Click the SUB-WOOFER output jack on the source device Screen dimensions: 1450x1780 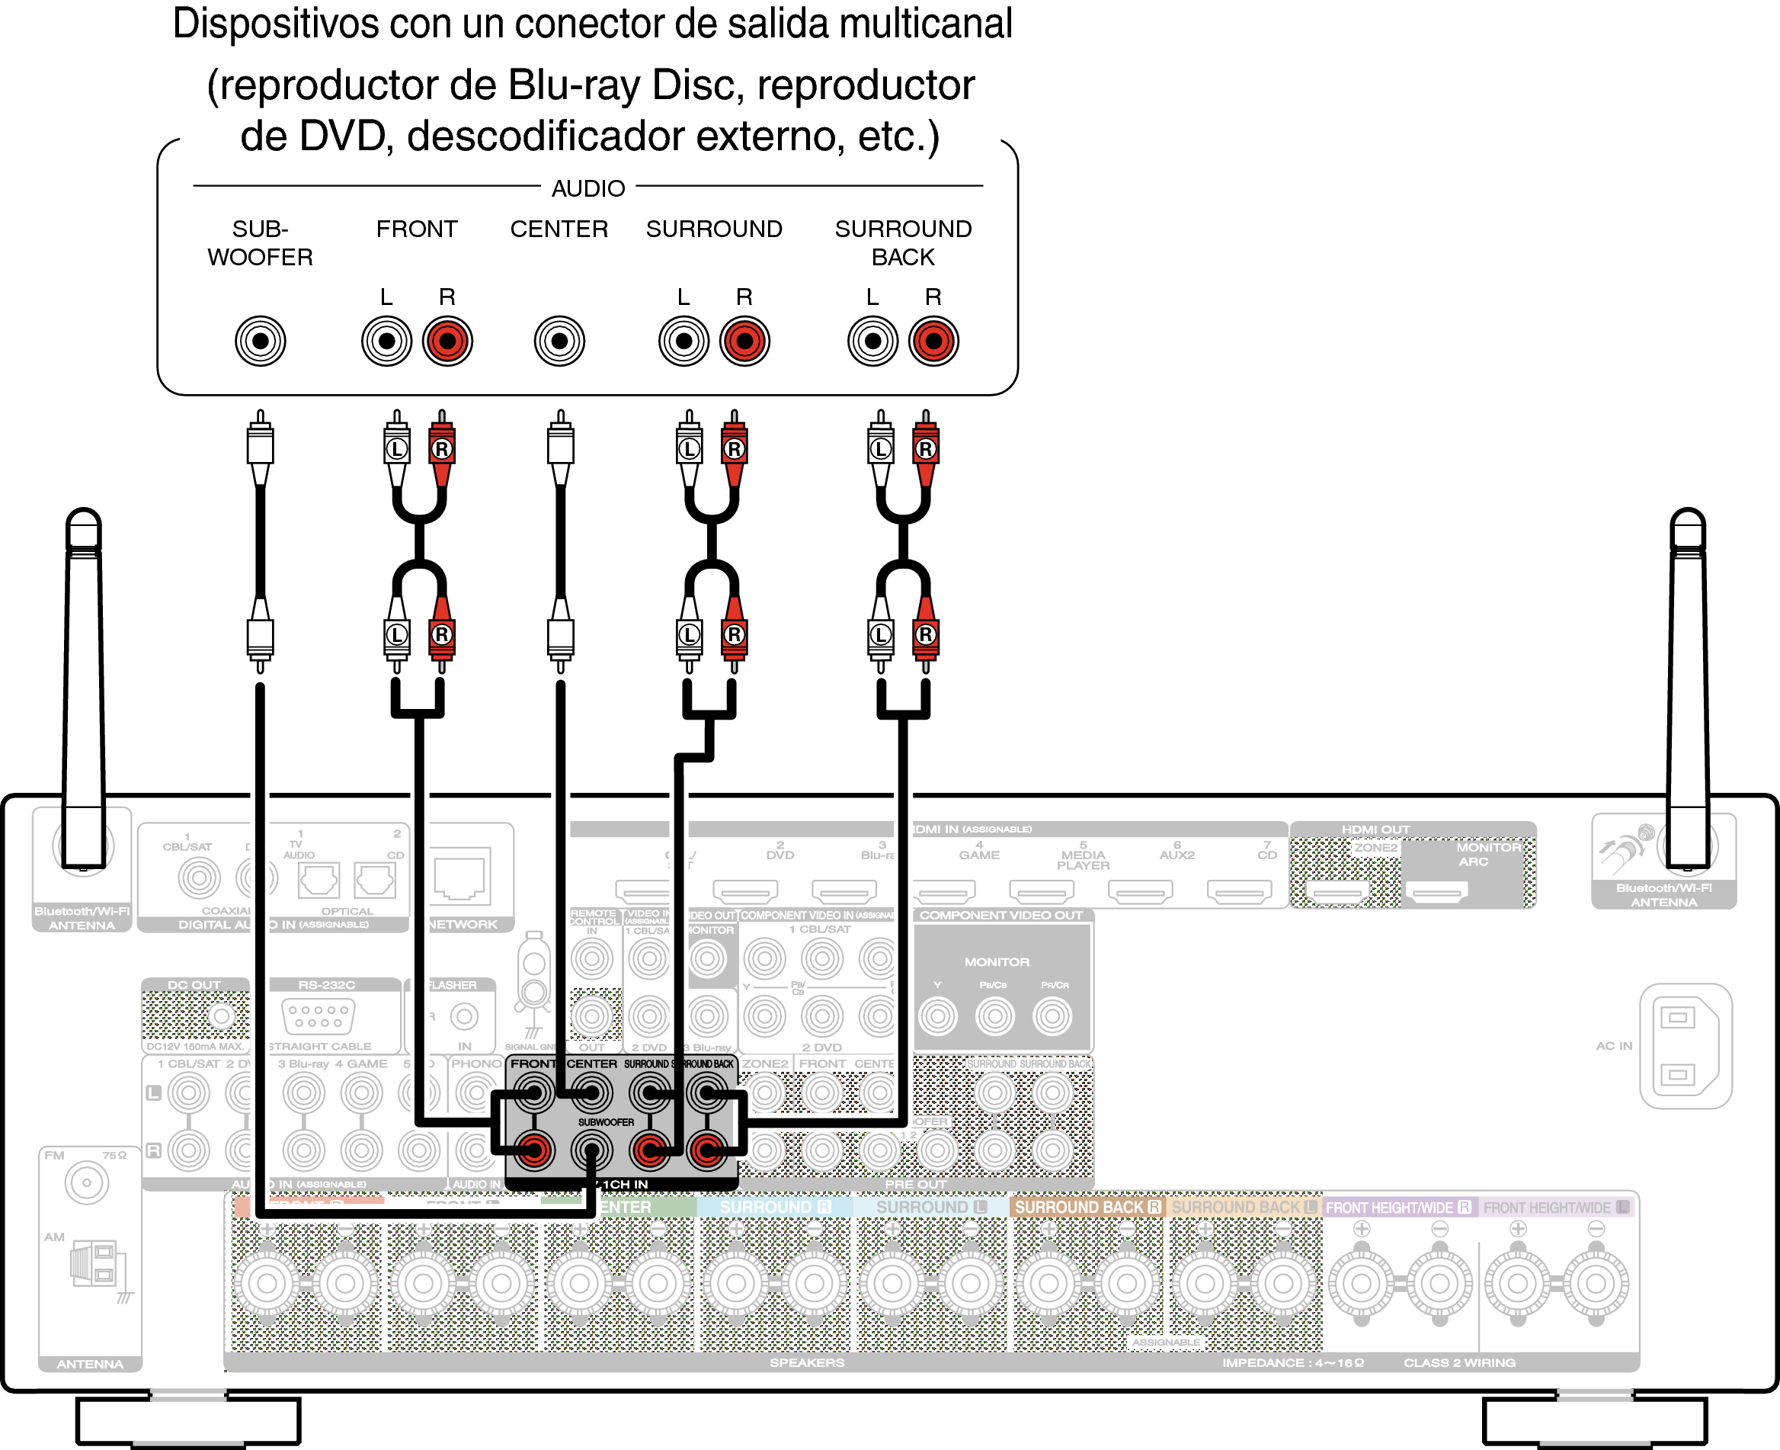click(x=260, y=341)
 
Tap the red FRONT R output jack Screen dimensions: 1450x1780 click(x=447, y=341)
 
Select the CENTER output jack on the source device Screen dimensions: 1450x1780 click(x=559, y=341)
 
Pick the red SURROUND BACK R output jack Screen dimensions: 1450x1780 click(x=933, y=341)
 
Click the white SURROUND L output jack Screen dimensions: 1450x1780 click(x=684, y=341)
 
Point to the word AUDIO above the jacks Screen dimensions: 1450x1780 click(x=587, y=189)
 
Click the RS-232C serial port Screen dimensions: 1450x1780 click(x=319, y=1015)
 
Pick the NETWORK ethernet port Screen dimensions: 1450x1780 click(x=461, y=875)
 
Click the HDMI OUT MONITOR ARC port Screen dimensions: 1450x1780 click(x=1436, y=893)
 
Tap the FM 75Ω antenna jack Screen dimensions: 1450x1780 click(x=87, y=1182)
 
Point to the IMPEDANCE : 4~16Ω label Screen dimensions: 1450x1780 click(x=1292, y=1362)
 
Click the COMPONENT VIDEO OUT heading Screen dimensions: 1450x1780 click(x=1001, y=916)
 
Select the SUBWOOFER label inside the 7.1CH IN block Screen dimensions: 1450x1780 click(x=606, y=1121)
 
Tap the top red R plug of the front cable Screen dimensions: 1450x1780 click(x=442, y=448)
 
